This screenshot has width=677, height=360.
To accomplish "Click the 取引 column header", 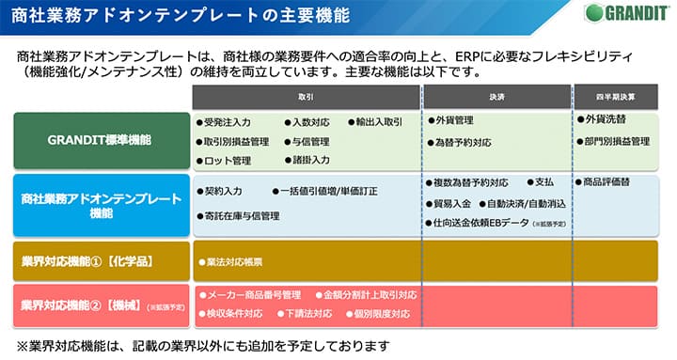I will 307,97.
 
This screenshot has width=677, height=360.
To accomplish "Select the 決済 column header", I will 496,97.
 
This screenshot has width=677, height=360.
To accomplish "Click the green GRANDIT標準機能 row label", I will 100,140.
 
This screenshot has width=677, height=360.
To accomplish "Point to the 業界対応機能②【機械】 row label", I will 100,305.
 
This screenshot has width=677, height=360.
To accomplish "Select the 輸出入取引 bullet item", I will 375,122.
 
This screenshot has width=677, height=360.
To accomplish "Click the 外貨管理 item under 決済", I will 455,121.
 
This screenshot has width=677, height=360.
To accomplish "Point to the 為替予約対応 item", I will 463,143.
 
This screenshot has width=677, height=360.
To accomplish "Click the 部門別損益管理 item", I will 617,141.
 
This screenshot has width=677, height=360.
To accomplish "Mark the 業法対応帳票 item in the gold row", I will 230,258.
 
